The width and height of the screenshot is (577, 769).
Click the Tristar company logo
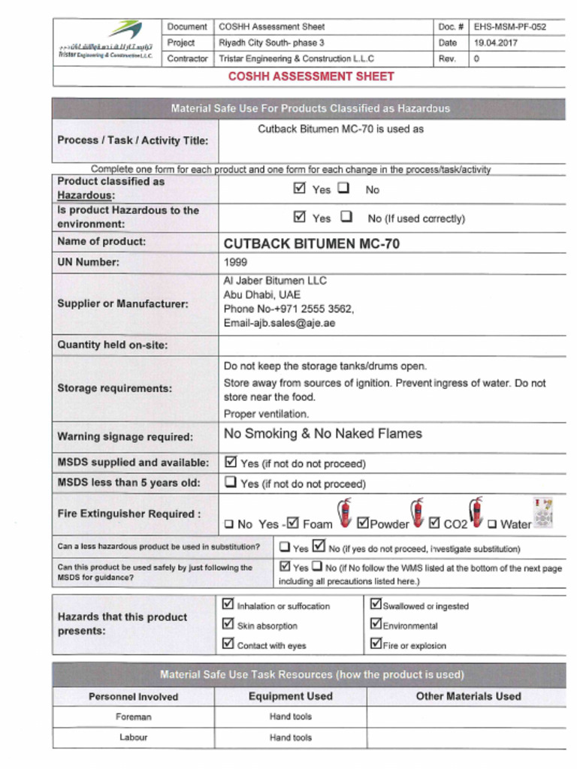pos(108,41)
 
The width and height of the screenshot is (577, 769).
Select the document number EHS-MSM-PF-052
pos(509,27)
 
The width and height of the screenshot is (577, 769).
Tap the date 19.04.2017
pos(495,43)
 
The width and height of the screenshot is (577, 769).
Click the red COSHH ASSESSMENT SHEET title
pos(311,76)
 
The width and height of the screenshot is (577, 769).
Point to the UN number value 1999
pos(235,263)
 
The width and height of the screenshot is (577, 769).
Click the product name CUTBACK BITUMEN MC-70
pos(312,243)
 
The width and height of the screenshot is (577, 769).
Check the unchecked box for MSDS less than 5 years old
pos(231,483)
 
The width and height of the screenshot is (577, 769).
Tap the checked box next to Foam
pos(293,523)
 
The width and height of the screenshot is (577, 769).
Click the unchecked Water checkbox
pos(492,524)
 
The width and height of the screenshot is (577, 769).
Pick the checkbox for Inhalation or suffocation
pos(228,604)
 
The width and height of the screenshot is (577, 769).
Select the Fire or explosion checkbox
pos(376,644)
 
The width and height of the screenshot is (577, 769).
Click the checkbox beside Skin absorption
pos(228,623)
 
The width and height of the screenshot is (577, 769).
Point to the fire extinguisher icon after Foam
pos(344,512)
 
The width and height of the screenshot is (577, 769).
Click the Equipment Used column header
pos(290,696)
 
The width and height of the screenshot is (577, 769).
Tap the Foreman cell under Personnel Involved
pos(133,717)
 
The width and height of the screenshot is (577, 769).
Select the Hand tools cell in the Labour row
pos(290,737)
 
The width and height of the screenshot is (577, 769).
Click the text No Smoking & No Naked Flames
pos(323,434)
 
